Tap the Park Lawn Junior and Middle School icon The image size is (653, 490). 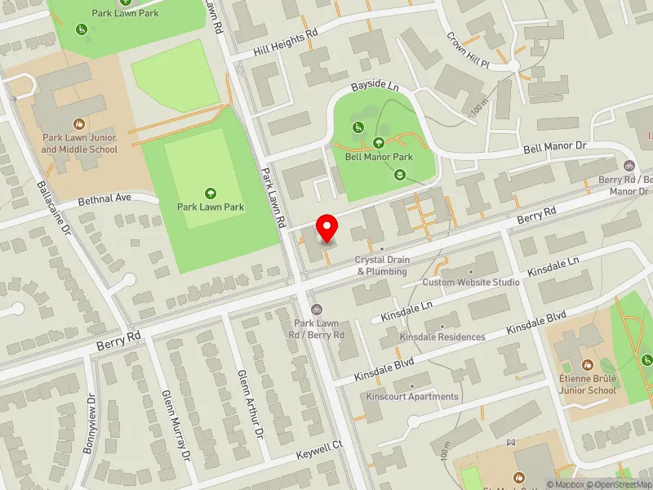[x=79, y=124]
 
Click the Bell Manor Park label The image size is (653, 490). [x=379, y=157]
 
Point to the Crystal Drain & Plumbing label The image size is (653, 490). [x=380, y=265]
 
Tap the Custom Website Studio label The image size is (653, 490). [x=471, y=283]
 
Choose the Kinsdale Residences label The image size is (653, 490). [x=442, y=336]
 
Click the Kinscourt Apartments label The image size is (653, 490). [x=412, y=397]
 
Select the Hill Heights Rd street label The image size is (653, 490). [x=285, y=42]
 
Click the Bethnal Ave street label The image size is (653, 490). [x=104, y=198]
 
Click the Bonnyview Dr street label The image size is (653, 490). [x=90, y=425]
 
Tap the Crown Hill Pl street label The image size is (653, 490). [x=467, y=51]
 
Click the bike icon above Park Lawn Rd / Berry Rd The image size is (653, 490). [x=317, y=309]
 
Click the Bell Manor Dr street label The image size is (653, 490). [x=555, y=148]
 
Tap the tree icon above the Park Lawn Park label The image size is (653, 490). [x=211, y=193]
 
